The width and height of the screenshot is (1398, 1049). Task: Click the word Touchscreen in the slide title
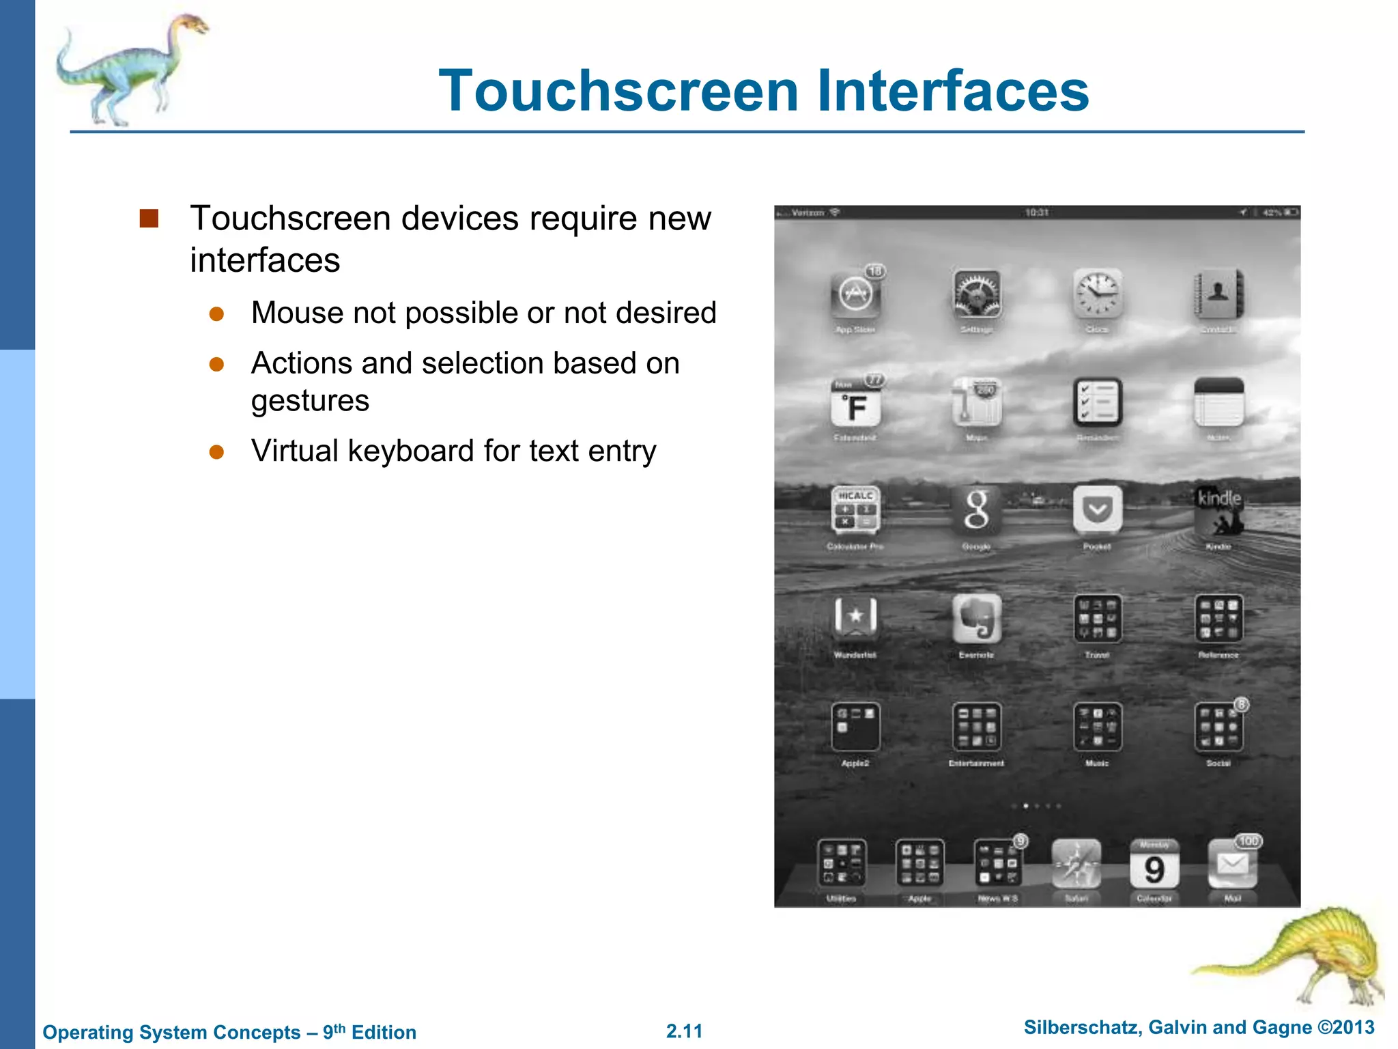click(618, 92)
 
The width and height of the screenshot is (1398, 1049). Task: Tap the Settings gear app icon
click(977, 294)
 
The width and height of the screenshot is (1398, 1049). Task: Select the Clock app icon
click(1097, 294)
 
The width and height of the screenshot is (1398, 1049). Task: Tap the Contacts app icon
click(1218, 294)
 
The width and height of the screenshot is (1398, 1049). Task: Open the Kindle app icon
click(1218, 510)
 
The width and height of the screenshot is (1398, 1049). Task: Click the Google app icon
click(977, 510)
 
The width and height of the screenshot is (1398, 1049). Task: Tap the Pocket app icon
click(1097, 510)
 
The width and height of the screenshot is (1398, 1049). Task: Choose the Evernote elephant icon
click(977, 618)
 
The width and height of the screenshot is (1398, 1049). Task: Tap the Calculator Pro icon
click(855, 510)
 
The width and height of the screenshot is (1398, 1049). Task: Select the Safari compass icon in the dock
click(1076, 864)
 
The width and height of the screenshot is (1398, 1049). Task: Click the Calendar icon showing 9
click(1154, 865)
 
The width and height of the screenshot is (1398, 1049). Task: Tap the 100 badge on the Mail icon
click(1249, 841)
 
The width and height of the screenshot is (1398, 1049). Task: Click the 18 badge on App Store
click(875, 271)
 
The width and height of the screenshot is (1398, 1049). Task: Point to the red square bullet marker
click(149, 219)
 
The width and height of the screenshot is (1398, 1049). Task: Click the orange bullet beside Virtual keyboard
click(217, 452)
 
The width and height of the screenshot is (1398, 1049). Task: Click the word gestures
click(310, 401)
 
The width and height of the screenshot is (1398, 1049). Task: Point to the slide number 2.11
click(684, 1031)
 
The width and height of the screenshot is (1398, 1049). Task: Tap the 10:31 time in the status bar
click(1036, 212)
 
